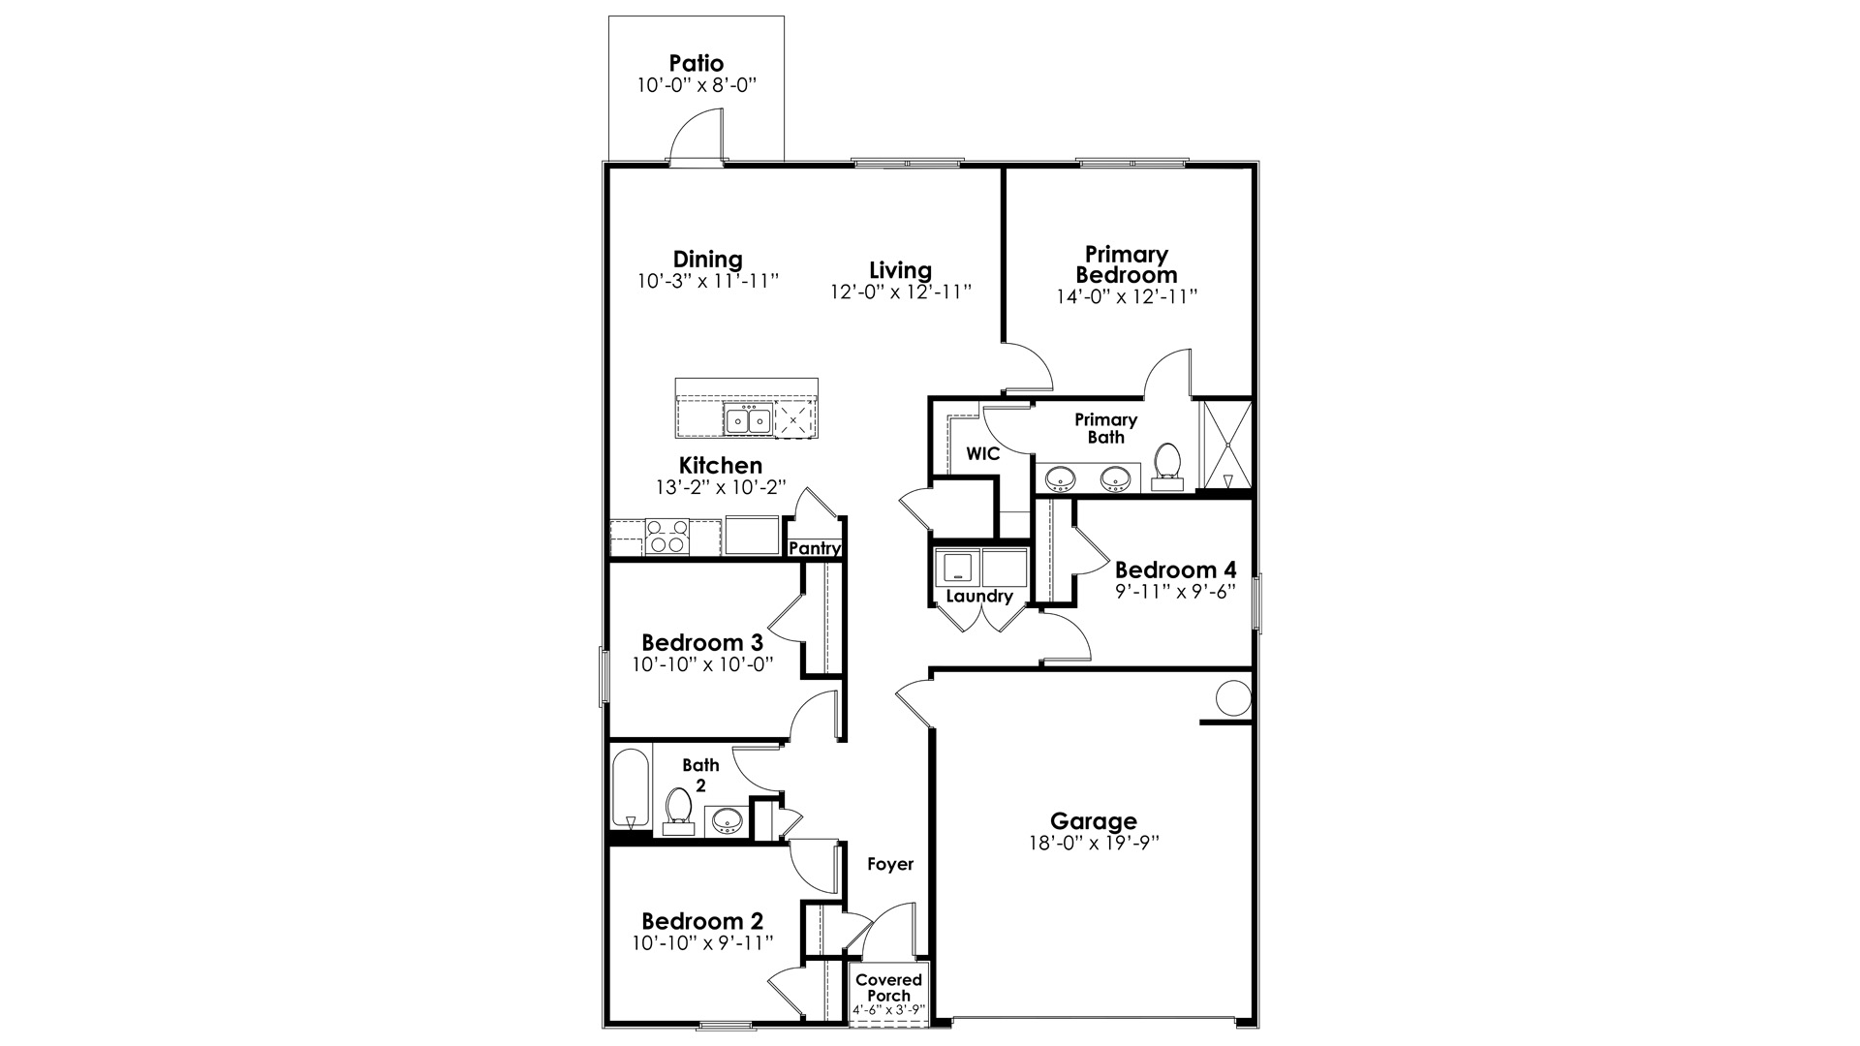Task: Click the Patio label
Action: pyautogui.click(x=696, y=64)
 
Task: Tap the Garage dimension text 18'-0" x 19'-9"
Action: pyautogui.click(x=1094, y=843)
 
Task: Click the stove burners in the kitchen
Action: pyautogui.click(x=667, y=537)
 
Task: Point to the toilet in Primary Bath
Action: pyautogui.click(x=1167, y=463)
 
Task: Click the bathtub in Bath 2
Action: pyautogui.click(x=631, y=788)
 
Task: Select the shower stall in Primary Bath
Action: pyautogui.click(x=1226, y=445)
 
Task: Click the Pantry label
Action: pyautogui.click(x=815, y=548)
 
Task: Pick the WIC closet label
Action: pyautogui.click(x=982, y=453)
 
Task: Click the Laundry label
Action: pyautogui.click(x=978, y=596)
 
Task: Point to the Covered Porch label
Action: pyautogui.click(x=888, y=987)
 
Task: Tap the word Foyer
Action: pyautogui.click(x=889, y=864)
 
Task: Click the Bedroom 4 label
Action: pyautogui.click(x=1175, y=569)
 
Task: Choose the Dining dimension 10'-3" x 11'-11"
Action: pyautogui.click(x=708, y=281)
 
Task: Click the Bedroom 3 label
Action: pyautogui.click(x=702, y=642)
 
